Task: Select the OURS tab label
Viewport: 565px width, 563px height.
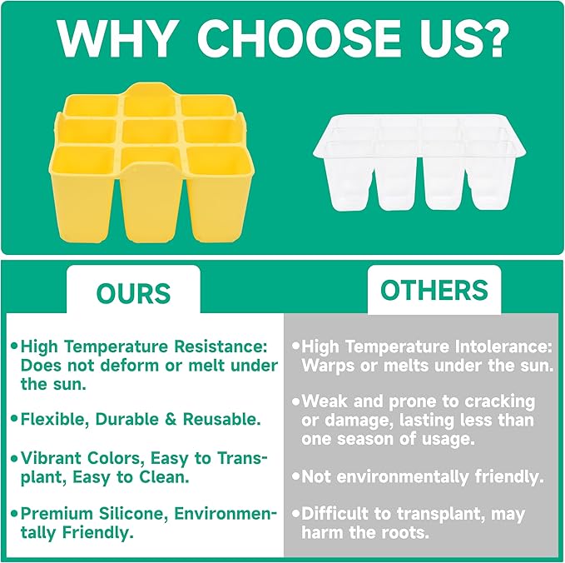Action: (133, 293)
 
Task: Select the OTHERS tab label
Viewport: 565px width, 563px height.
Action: (434, 290)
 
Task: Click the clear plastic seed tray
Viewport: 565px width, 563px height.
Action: (419, 162)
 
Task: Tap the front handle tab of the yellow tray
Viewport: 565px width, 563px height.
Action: (151, 202)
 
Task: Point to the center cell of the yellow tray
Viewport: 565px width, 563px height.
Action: (150, 132)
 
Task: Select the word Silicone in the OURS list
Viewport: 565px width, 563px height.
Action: (133, 514)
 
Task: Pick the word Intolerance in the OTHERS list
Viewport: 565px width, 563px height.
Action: (503, 347)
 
